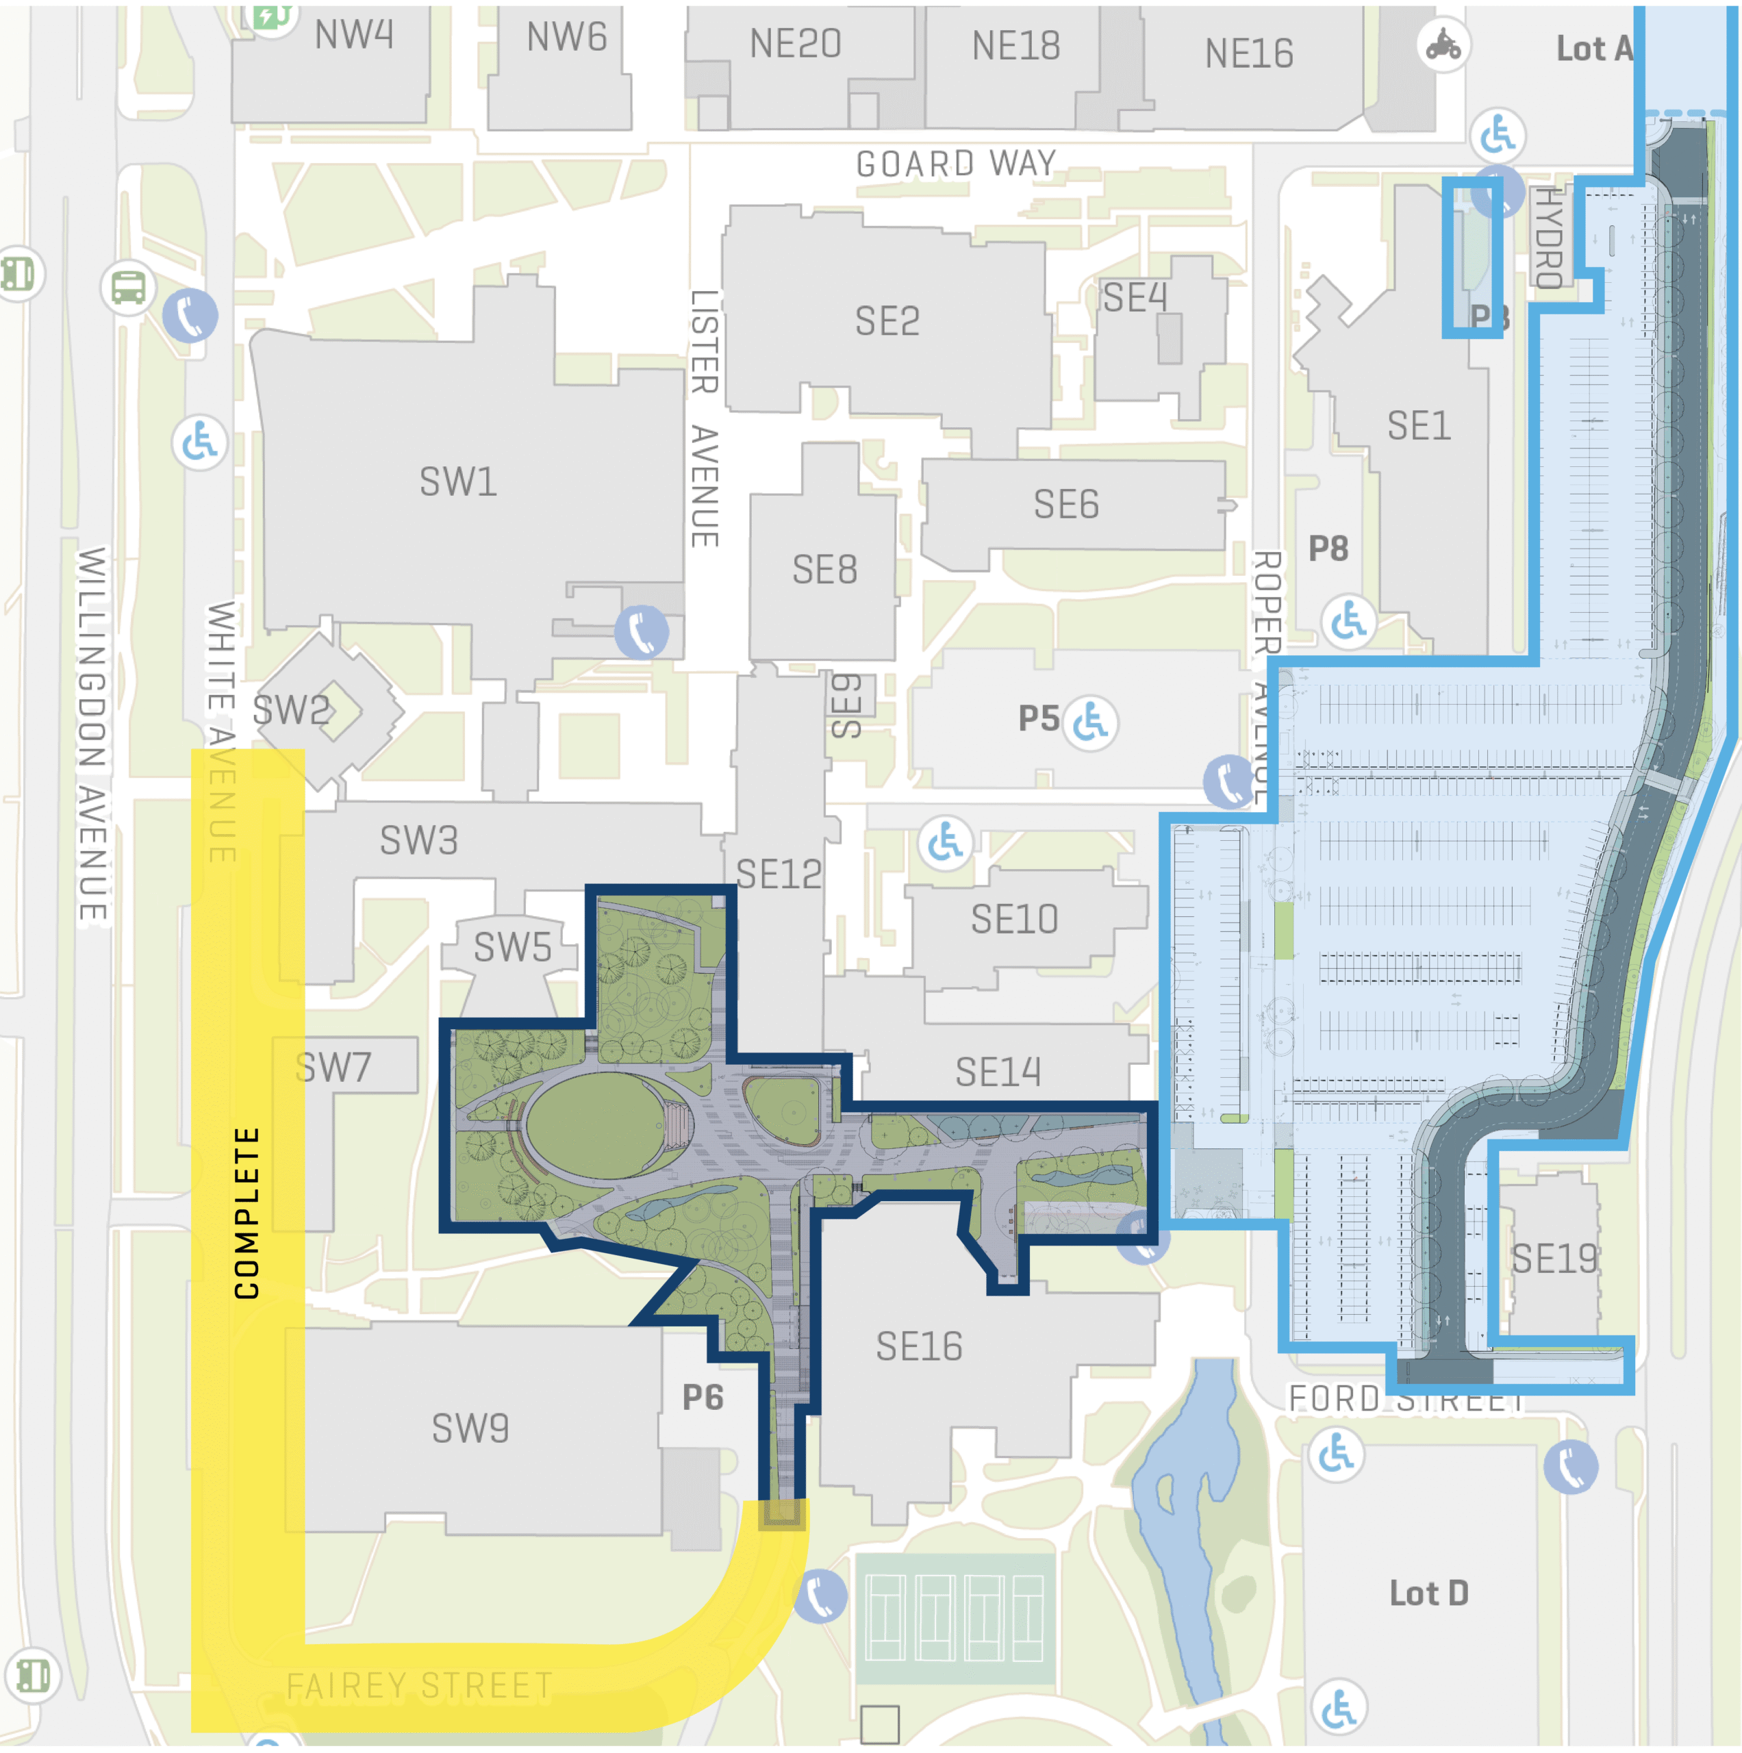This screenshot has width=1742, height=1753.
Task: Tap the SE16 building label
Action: pyautogui.click(x=918, y=1346)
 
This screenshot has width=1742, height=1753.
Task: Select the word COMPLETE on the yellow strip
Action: pyautogui.click(x=247, y=1213)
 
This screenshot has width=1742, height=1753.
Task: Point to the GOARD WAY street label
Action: pyautogui.click(x=957, y=164)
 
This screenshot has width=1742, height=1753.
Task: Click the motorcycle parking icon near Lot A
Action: pyautogui.click(x=1443, y=45)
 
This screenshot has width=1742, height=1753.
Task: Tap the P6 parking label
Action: pyautogui.click(x=703, y=1398)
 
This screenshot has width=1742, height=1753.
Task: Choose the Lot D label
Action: pyautogui.click(x=1429, y=1593)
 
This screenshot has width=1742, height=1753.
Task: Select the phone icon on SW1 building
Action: pyautogui.click(x=642, y=633)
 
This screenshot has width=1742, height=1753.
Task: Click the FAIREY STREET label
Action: pyautogui.click(x=419, y=1687)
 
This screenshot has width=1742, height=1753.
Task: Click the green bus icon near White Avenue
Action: pyautogui.click(x=128, y=288)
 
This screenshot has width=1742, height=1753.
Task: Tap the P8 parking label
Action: pyautogui.click(x=1327, y=548)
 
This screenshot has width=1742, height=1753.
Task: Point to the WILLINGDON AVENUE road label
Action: pyautogui.click(x=92, y=735)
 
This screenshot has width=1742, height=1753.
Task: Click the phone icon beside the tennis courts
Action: pyautogui.click(x=820, y=1596)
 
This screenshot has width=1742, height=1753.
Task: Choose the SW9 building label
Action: pyautogui.click(x=470, y=1429)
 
